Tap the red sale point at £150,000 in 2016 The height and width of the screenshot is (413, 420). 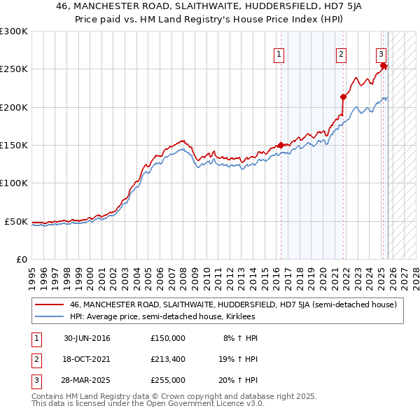pos(281,145)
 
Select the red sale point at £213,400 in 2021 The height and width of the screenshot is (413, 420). pos(343,97)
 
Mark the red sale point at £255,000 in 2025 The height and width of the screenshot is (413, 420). pos(384,65)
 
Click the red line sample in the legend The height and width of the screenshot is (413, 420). pos(49,304)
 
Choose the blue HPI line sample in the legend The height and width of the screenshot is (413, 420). pos(49,317)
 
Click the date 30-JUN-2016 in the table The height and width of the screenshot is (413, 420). pos(86,338)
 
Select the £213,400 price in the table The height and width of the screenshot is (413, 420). pos(168,359)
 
